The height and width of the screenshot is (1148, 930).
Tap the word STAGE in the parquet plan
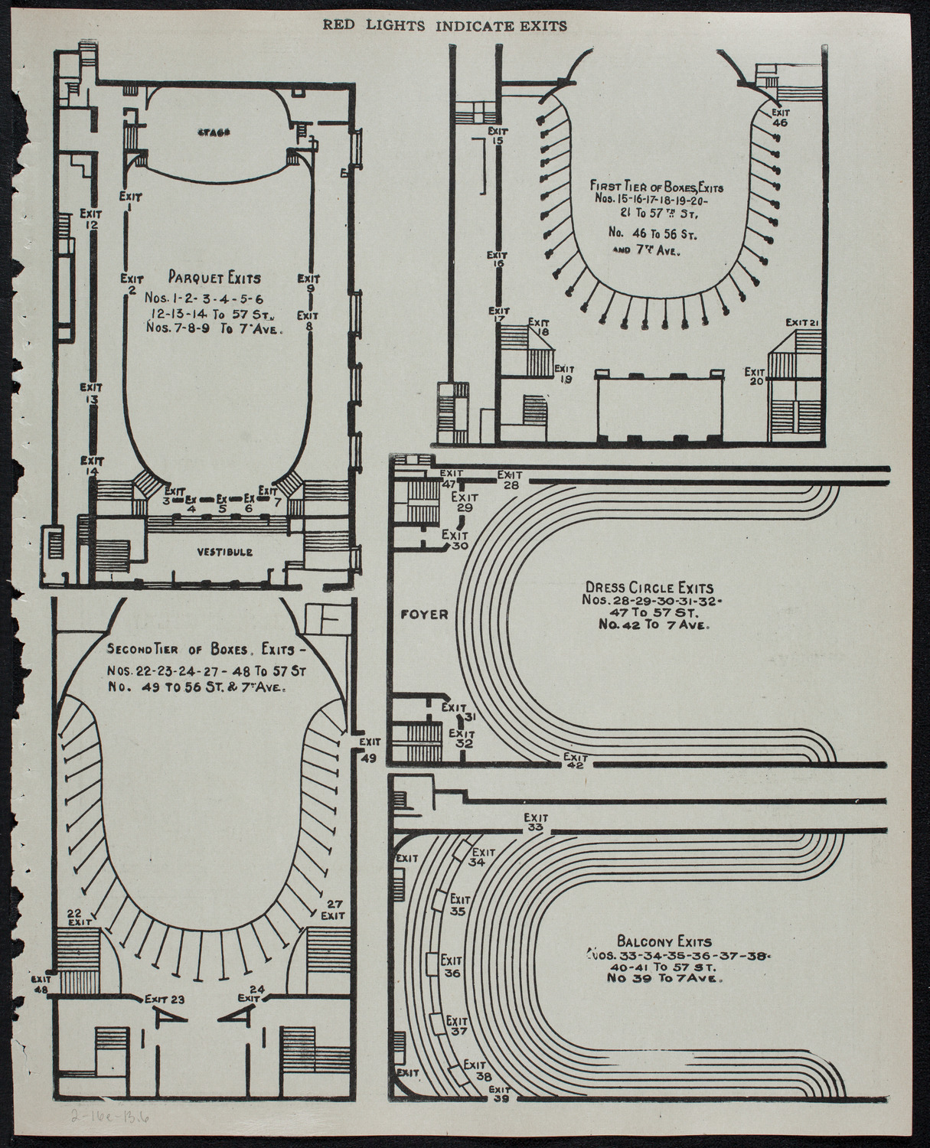pos(217,132)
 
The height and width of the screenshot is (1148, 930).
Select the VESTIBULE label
pos(224,551)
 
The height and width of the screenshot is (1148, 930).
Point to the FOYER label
pos(417,614)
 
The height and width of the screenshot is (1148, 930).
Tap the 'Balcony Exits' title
pos(664,942)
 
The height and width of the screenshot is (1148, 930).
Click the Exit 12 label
pos(91,219)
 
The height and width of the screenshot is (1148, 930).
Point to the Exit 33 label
pos(536,822)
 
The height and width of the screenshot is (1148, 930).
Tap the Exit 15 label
pos(498,135)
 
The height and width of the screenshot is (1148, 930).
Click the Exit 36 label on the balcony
pos(452,967)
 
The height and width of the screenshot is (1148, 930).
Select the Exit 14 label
pos(92,466)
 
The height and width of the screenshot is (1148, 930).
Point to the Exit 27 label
pos(333,909)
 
